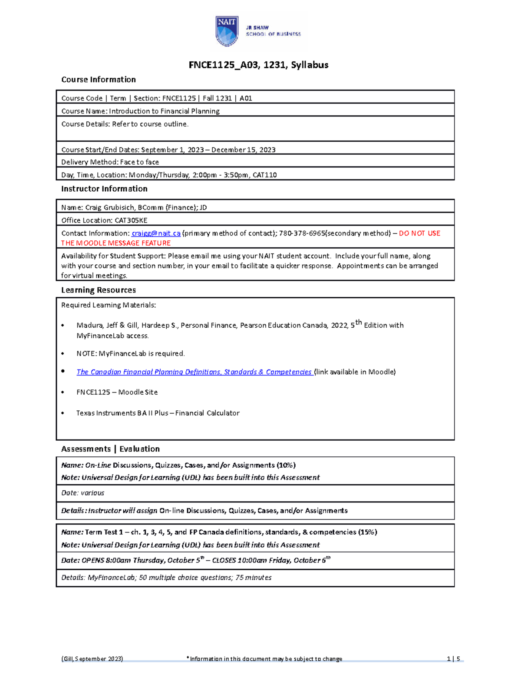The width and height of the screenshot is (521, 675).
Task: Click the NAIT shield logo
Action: pos(227,31)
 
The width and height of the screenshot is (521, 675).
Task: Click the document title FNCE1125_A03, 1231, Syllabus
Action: pos(258,65)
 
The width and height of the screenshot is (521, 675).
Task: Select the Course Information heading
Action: pos(99,80)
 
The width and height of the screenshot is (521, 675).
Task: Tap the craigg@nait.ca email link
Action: pos(156,233)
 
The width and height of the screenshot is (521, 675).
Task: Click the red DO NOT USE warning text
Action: pos(419,233)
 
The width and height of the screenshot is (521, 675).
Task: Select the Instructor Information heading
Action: pos(104,189)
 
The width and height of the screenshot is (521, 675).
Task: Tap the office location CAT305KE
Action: pos(131,220)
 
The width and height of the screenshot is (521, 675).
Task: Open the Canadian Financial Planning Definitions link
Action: pos(194,372)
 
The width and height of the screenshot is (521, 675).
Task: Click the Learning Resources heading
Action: pos(99,290)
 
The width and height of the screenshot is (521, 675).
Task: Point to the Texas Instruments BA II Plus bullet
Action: pos(158,413)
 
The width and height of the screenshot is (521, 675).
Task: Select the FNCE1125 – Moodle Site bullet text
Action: pos(117,392)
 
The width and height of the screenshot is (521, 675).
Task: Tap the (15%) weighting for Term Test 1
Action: pos(367,532)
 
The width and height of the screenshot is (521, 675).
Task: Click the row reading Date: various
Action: pos(82,493)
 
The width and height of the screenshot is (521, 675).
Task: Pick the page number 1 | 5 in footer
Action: pos(453,659)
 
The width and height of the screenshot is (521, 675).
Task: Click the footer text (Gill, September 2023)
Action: pos(92,659)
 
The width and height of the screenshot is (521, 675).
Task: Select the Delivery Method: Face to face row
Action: pos(110,162)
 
